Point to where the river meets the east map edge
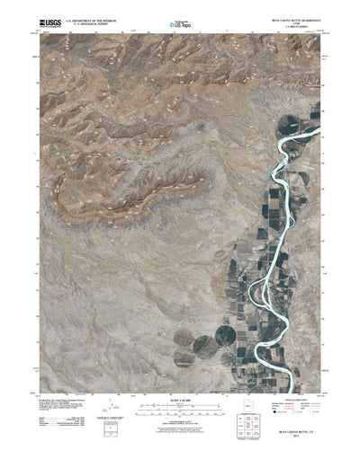point(321,137)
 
